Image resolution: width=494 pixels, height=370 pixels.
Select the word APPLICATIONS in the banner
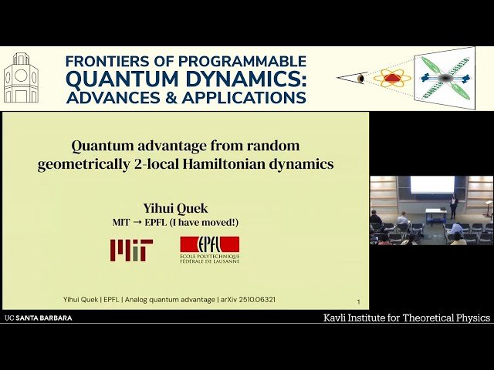point(241,97)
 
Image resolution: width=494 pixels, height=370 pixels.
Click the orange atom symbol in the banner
point(392,78)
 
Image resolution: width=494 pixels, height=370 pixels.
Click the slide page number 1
point(358,302)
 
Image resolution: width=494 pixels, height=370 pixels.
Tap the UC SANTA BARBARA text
point(39,318)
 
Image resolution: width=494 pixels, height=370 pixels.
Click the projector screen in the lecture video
point(431,184)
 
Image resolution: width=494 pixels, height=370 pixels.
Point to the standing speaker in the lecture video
point(454,205)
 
